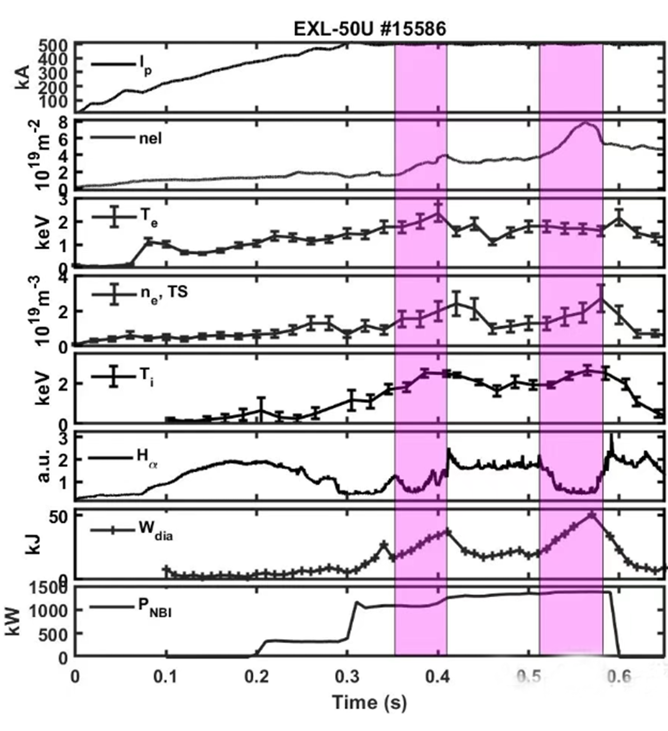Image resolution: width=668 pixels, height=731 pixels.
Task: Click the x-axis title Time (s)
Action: [x=369, y=702]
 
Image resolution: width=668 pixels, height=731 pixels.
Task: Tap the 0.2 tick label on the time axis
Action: [x=257, y=676]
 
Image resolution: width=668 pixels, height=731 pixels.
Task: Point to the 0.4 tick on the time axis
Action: [x=438, y=676]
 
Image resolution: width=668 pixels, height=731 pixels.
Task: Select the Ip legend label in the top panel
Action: [x=145, y=66]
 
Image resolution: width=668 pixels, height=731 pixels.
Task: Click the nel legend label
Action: [x=150, y=138]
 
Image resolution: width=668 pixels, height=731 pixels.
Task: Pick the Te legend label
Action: [x=149, y=217]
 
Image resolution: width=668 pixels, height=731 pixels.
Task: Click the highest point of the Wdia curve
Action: [x=592, y=515]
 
